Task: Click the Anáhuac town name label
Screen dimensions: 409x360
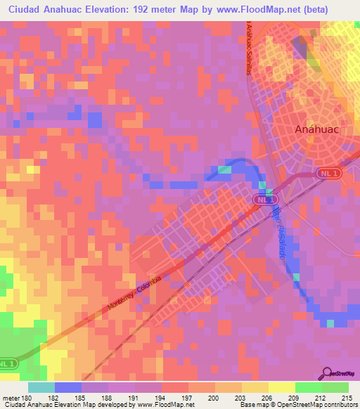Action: pos(315,130)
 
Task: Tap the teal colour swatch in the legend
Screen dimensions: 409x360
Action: pos(41,387)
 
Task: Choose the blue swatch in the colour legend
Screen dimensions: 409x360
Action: pos(68,387)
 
